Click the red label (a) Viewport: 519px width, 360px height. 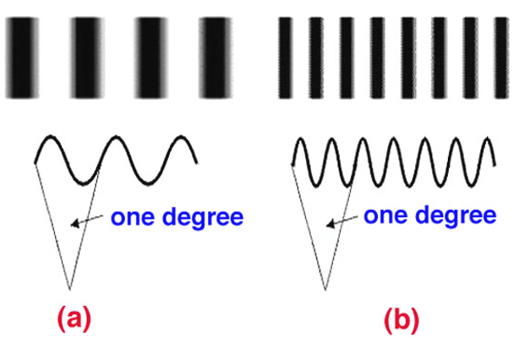[x=73, y=319]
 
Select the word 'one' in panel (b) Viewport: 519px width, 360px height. [x=385, y=215]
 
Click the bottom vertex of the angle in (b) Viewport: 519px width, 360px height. [x=324, y=288]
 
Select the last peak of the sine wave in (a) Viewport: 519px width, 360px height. [x=179, y=139]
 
